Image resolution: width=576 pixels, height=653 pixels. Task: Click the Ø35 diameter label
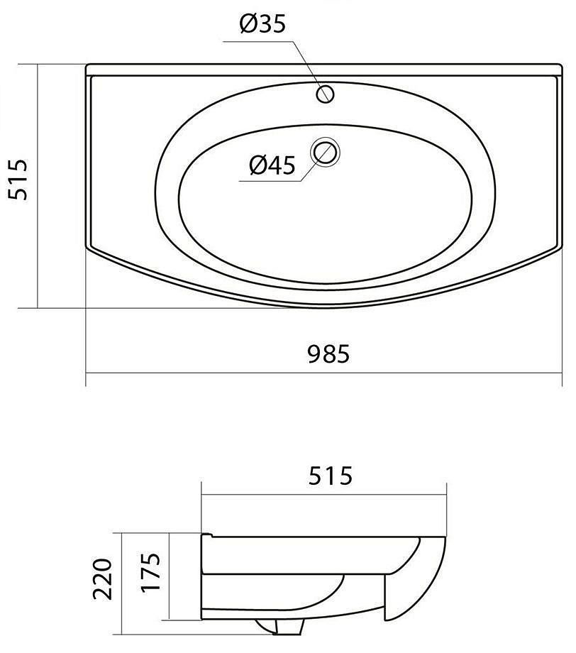262,23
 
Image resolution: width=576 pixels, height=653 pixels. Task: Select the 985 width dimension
328,354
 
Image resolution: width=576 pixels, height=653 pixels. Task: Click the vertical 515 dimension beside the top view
18,179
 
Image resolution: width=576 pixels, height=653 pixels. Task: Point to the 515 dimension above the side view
330,476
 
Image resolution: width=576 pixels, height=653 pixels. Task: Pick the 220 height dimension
102,579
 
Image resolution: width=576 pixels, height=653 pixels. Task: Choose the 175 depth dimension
150,571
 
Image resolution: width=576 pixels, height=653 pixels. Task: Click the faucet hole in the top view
325,94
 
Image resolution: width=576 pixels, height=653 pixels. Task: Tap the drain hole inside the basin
326,152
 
